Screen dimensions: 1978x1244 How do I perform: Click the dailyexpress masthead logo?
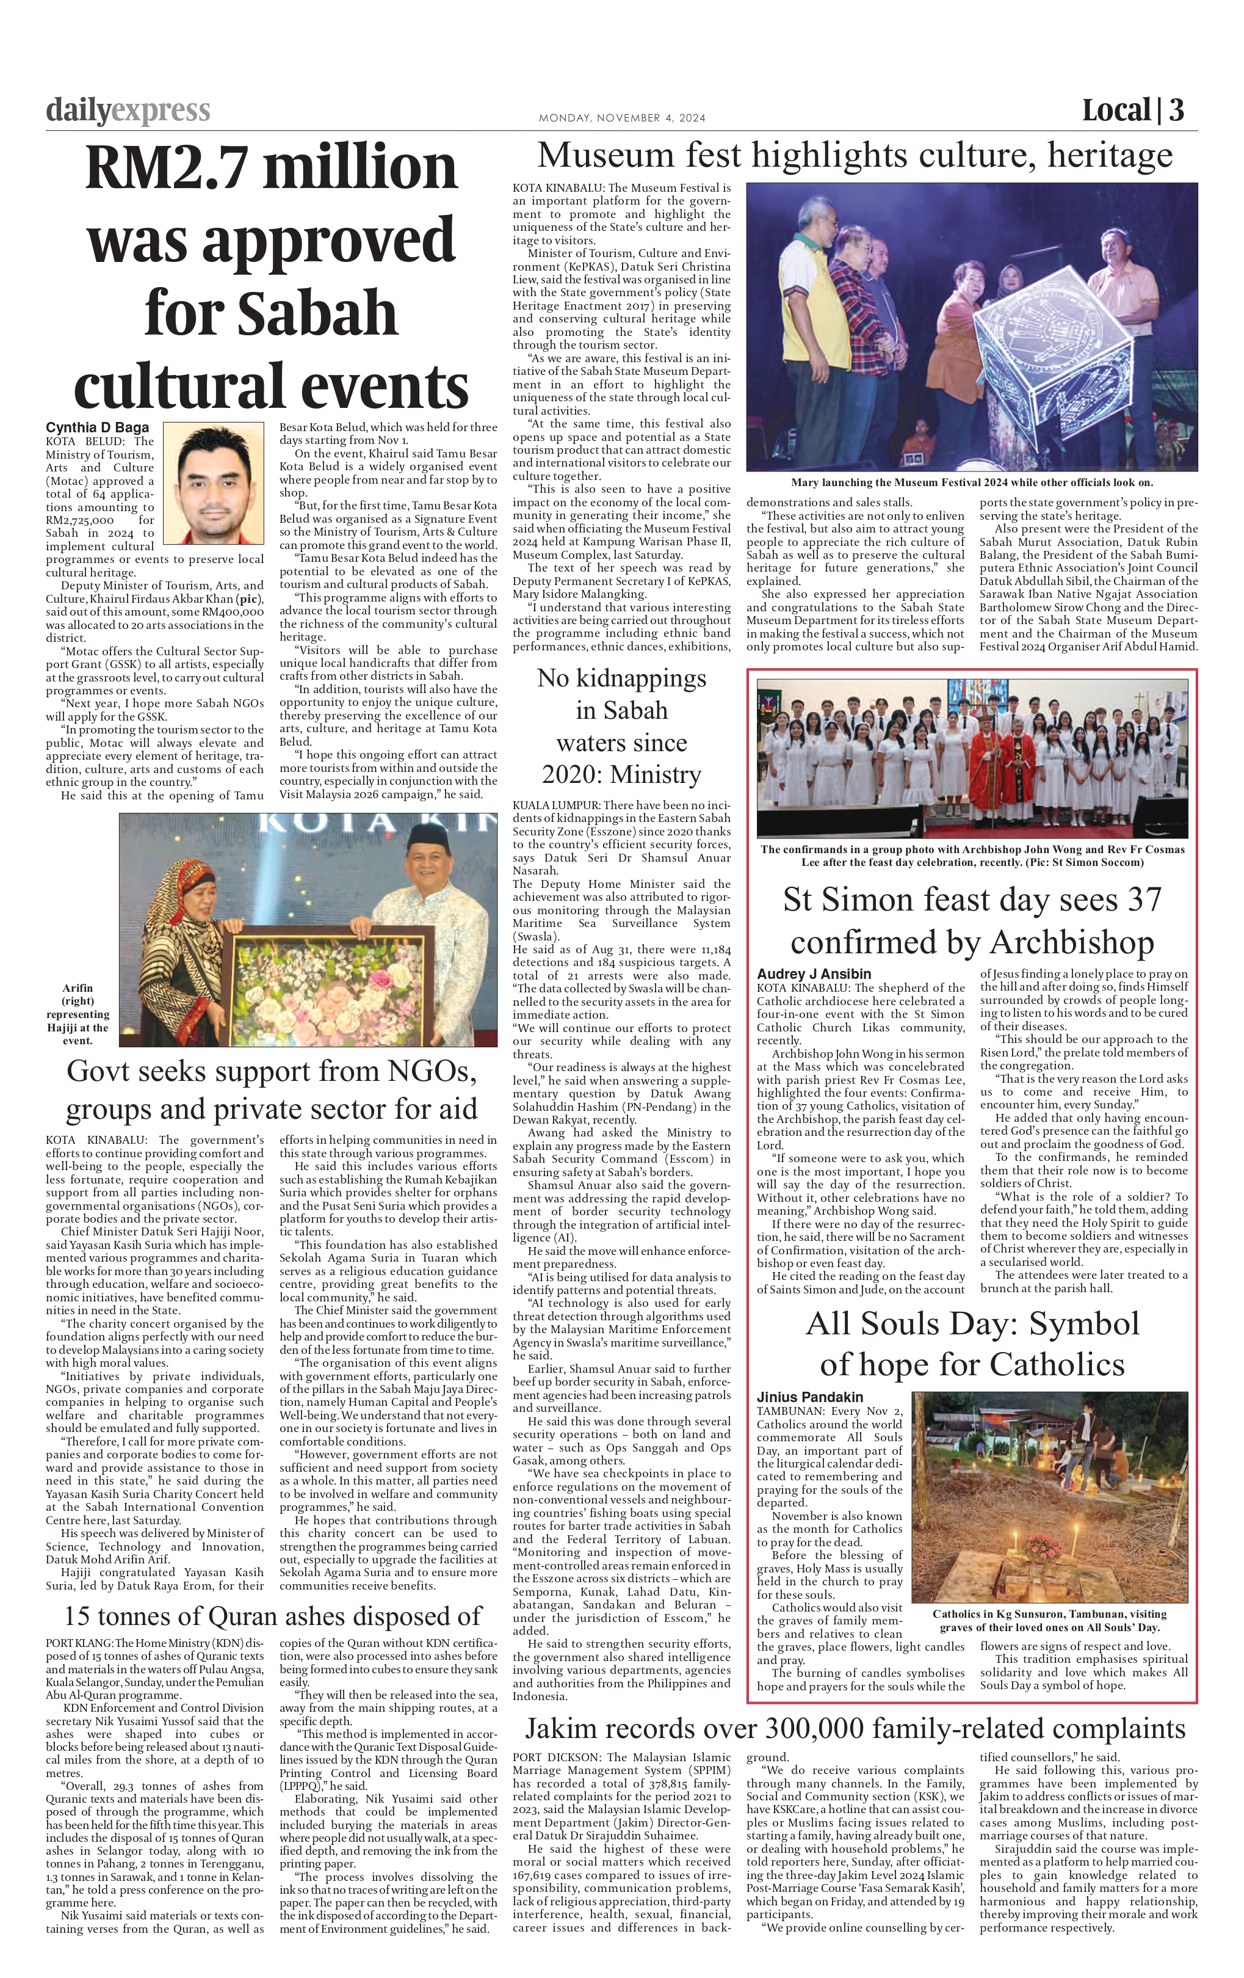click(x=128, y=110)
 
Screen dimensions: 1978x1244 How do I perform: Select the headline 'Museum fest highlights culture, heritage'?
click(x=855, y=155)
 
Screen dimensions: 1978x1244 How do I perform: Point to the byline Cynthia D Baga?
click(x=98, y=428)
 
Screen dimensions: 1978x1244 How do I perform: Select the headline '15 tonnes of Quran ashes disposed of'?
click(x=273, y=1616)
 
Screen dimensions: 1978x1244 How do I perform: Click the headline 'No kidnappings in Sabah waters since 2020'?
click(x=621, y=726)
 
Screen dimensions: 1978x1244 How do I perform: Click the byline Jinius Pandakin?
click(x=809, y=1397)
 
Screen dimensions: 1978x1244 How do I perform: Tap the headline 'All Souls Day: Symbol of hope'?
click(x=972, y=1344)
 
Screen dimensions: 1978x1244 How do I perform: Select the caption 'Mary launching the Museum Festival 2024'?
click(x=971, y=483)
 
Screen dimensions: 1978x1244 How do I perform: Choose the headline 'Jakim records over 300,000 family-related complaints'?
click(x=855, y=1728)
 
